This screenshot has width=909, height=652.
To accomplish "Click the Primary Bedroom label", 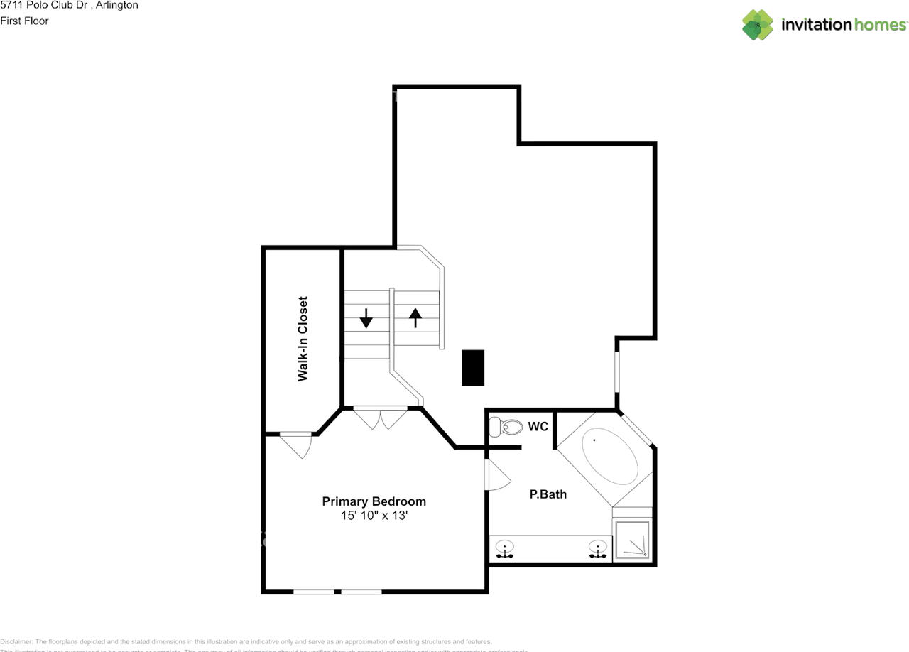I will [x=374, y=501].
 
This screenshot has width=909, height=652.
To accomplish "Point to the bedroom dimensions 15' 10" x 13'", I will [x=374, y=516].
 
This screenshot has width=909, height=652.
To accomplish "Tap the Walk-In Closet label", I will [x=303, y=339].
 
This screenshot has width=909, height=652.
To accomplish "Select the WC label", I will [x=538, y=427].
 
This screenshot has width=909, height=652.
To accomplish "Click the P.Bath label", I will [x=548, y=494].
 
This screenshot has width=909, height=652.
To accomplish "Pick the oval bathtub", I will [x=610, y=460].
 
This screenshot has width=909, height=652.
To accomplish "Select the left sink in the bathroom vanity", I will [x=505, y=549].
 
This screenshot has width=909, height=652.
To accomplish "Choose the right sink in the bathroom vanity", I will [x=599, y=549].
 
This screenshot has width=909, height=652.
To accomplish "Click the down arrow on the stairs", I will [x=366, y=318].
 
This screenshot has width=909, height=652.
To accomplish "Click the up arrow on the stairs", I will [x=415, y=317].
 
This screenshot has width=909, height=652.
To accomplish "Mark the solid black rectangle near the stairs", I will [x=473, y=368].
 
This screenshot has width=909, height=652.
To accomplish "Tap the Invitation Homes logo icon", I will [x=757, y=25].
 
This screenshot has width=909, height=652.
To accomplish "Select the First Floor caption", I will [x=24, y=21].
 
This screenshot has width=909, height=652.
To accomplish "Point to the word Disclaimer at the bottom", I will [x=16, y=641].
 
